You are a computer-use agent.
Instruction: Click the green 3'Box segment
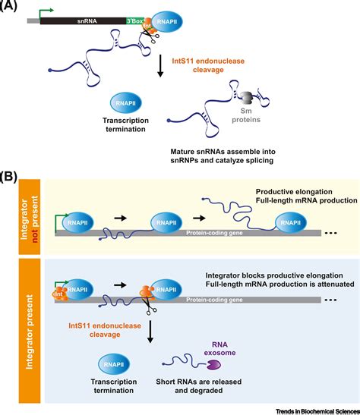point(135,21)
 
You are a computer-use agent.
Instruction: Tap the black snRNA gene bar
point(84,21)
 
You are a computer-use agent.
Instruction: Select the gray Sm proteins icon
point(246,98)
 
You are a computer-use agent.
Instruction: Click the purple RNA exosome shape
point(213,365)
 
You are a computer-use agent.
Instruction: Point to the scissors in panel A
point(150,36)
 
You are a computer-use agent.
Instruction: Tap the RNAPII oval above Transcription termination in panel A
point(125,103)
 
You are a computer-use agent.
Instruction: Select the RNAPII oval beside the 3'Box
point(167,22)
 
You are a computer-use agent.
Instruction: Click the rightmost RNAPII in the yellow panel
point(291,222)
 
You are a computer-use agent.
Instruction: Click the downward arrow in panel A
point(159,66)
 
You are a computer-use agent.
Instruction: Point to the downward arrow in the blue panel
point(150,332)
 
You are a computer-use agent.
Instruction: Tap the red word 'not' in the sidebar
point(34,236)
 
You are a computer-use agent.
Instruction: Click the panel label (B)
point(8,177)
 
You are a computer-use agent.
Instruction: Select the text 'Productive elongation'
point(294,192)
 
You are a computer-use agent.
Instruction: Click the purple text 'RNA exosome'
point(219,348)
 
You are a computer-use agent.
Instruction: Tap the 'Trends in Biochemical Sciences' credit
point(317,411)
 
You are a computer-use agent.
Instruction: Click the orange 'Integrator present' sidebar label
point(30,332)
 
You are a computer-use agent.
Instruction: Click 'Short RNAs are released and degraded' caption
point(199,386)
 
